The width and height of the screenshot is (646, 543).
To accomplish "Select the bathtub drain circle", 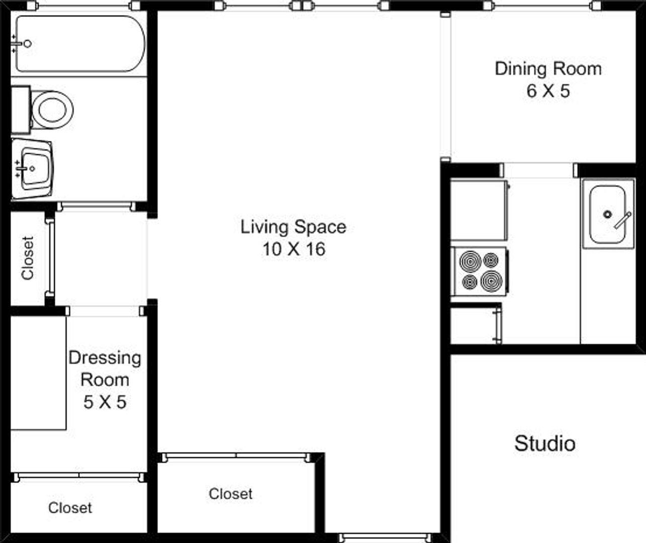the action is (x=28, y=44).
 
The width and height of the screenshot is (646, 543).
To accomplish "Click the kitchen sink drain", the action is (x=608, y=214).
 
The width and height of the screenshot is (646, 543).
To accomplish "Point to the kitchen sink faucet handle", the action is (x=622, y=221).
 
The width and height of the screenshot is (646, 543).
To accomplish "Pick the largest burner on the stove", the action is (x=492, y=282).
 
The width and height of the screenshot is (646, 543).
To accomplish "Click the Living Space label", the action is (x=293, y=227).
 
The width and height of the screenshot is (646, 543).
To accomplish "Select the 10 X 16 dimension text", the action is (x=294, y=249).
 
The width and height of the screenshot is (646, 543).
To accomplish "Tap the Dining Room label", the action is (x=548, y=69).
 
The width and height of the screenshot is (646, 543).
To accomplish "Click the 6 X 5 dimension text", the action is (x=548, y=91).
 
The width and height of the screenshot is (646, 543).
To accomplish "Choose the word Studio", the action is (x=545, y=443).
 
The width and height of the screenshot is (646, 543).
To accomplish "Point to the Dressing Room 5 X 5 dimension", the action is (x=105, y=402).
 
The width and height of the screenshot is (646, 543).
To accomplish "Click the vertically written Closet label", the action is (x=28, y=258).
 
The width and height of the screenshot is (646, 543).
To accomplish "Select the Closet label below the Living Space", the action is (x=230, y=494).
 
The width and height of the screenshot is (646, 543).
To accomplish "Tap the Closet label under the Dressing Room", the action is (x=70, y=508).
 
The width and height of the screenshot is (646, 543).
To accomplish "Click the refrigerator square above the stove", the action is (x=478, y=210).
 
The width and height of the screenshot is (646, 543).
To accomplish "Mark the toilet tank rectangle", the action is (x=21, y=110).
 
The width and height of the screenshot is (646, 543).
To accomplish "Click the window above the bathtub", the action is (x=84, y=6).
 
